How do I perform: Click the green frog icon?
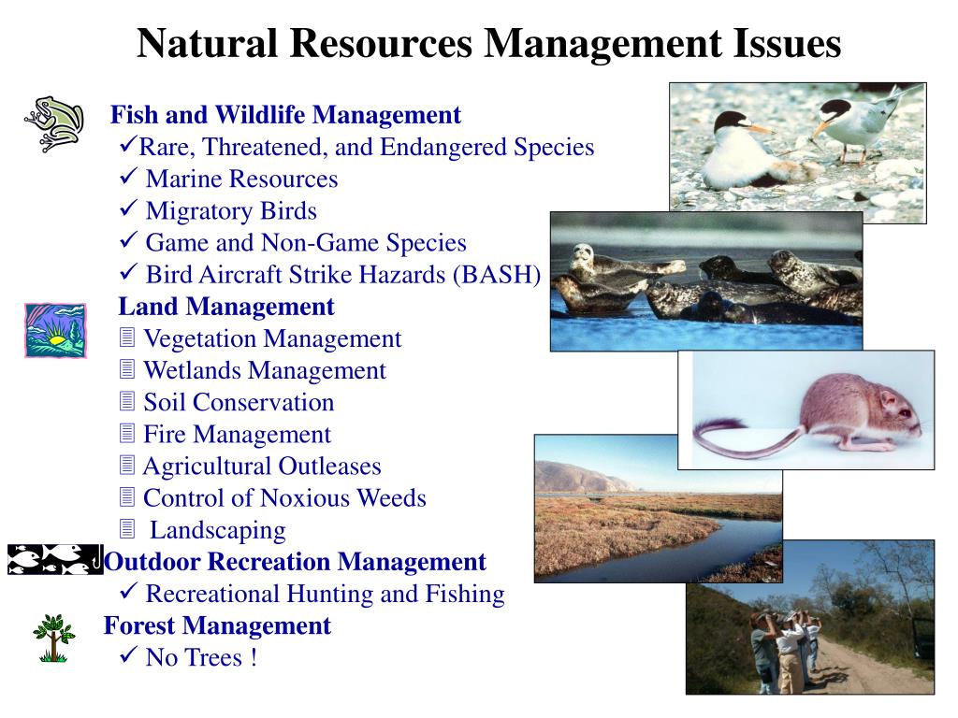(53, 122)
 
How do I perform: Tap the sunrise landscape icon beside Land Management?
(54, 330)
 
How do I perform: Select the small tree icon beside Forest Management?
(53, 638)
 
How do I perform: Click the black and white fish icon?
(53, 559)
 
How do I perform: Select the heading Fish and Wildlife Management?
(285, 115)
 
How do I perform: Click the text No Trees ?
(201, 657)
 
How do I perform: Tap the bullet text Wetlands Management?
(264, 370)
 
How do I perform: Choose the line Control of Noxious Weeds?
(284, 497)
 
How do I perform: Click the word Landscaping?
(218, 530)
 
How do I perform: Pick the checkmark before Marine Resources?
(129, 178)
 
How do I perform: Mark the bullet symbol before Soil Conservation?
(128, 402)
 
